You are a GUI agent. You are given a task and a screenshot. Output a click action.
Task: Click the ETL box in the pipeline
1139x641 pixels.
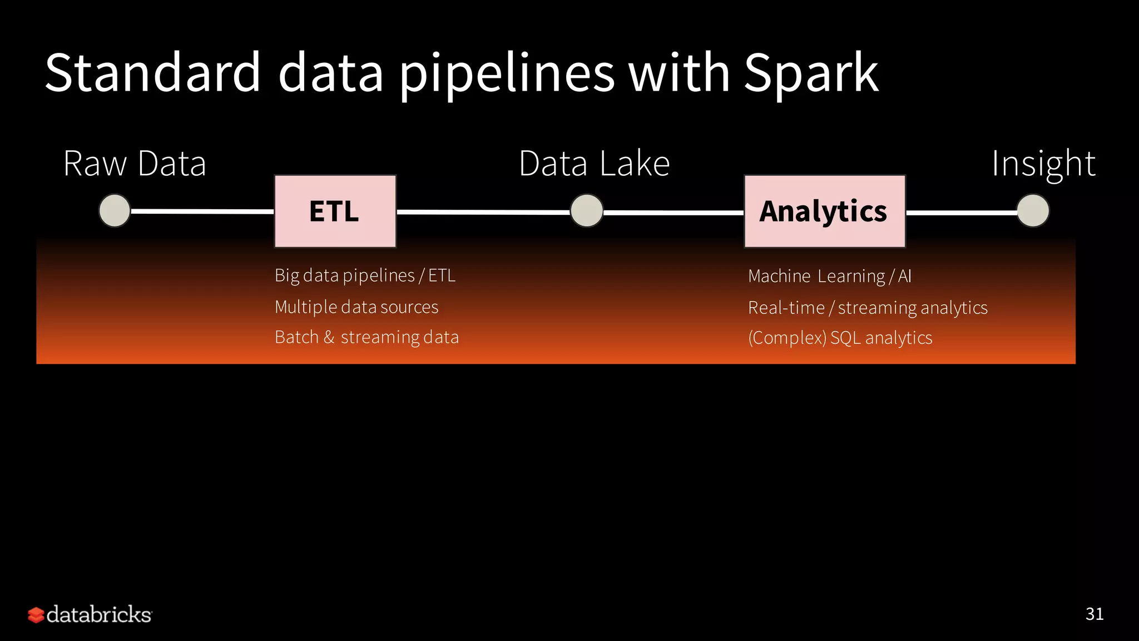tap(335, 211)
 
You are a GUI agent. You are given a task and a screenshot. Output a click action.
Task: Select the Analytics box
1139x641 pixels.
tap(824, 211)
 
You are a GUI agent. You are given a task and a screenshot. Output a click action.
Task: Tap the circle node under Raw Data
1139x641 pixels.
tap(115, 210)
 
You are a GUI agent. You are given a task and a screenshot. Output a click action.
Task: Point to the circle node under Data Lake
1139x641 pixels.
tap(587, 211)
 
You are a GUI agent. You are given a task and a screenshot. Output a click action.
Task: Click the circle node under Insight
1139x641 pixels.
tap(1033, 211)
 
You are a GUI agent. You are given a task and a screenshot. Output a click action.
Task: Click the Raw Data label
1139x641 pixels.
tap(135, 164)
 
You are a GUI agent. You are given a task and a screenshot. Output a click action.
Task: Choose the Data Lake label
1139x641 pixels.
tap(594, 164)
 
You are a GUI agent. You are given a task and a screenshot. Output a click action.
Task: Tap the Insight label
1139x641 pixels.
tap(1043, 164)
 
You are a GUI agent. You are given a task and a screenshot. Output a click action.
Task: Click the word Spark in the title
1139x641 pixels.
tap(811, 73)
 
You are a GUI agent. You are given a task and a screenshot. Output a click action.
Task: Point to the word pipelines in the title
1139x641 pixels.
tap(507, 73)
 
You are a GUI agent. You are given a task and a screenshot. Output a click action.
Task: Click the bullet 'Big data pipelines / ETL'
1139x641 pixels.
tap(365, 275)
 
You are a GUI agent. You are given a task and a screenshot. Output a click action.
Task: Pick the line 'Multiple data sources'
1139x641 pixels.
tap(356, 307)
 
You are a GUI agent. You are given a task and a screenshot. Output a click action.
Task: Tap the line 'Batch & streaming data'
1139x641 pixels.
tap(367, 337)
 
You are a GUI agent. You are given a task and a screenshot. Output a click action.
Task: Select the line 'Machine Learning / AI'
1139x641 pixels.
tap(829, 276)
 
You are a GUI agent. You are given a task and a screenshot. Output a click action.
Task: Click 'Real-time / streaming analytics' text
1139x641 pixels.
tap(868, 308)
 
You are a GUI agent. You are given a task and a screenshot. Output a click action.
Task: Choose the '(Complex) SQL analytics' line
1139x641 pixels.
tap(840, 338)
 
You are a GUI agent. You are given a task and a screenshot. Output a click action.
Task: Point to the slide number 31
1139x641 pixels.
tap(1094, 614)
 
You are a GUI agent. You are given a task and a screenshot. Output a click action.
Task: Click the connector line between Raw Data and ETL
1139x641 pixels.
tap(202, 211)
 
